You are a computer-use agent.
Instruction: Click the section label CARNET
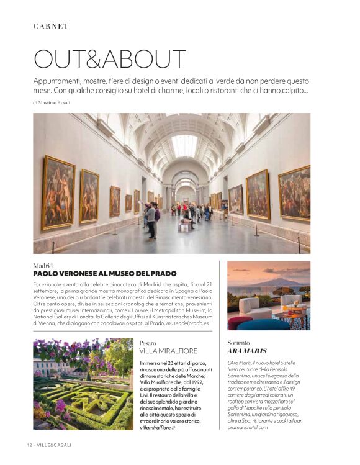(51, 26)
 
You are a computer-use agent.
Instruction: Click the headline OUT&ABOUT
(109, 59)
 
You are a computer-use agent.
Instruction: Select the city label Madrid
(43, 265)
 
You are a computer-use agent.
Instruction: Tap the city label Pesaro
(148, 343)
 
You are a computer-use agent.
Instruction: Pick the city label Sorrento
(239, 343)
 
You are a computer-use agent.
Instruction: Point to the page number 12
(30, 445)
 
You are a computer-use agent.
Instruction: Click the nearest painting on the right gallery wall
(294, 193)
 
